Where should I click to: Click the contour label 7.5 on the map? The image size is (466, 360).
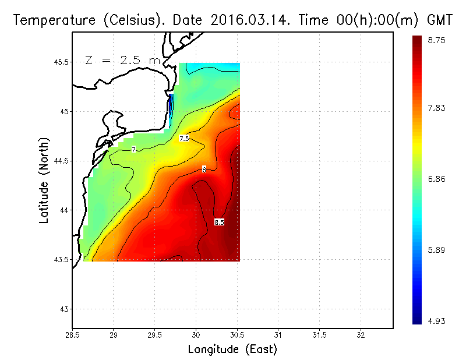click(x=184, y=139)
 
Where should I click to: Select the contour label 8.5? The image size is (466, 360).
click(x=219, y=223)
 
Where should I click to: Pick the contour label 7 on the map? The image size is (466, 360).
click(x=134, y=150)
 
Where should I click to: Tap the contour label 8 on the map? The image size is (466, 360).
click(x=204, y=169)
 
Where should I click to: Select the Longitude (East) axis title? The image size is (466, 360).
click(x=232, y=350)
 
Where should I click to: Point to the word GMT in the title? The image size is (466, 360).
click(x=440, y=20)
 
